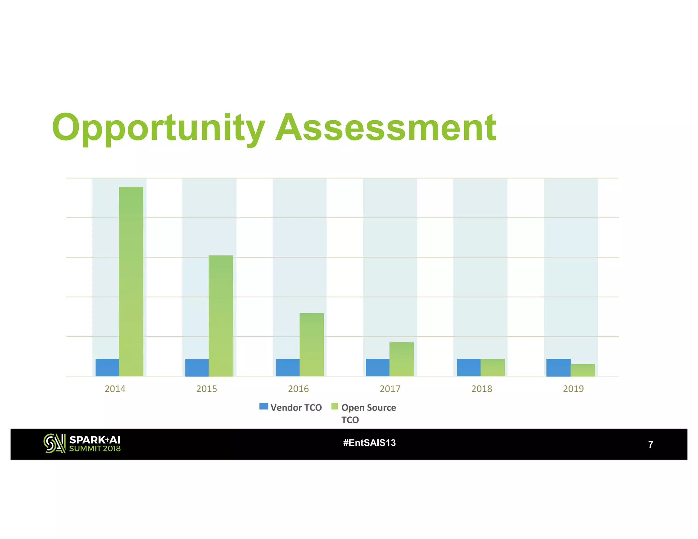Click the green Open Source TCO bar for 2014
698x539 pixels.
click(131, 281)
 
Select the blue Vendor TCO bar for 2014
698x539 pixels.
click(107, 367)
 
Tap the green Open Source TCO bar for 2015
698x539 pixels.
click(221, 315)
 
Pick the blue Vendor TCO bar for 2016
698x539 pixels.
click(288, 367)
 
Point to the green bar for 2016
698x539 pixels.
click(312, 344)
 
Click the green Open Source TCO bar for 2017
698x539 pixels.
click(401, 359)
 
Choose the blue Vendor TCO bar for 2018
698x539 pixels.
click(469, 367)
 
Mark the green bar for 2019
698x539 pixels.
click(582, 370)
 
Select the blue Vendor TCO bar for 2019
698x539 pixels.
click(558, 367)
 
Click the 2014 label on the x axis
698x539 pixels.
click(115, 389)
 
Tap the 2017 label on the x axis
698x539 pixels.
click(390, 389)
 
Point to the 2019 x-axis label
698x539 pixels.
click(573, 389)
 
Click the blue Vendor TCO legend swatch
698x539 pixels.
click(263, 406)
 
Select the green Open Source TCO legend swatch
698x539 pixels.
click(334, 406)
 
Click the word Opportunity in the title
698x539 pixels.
click(158, 128)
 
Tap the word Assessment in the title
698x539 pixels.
click(386, 128)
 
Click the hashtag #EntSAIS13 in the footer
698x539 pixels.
click(369, 443)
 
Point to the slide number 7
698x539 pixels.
click(650, 444)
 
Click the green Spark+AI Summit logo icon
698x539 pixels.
click(54, 443)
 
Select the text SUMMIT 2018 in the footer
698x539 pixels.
click(95, 449)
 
